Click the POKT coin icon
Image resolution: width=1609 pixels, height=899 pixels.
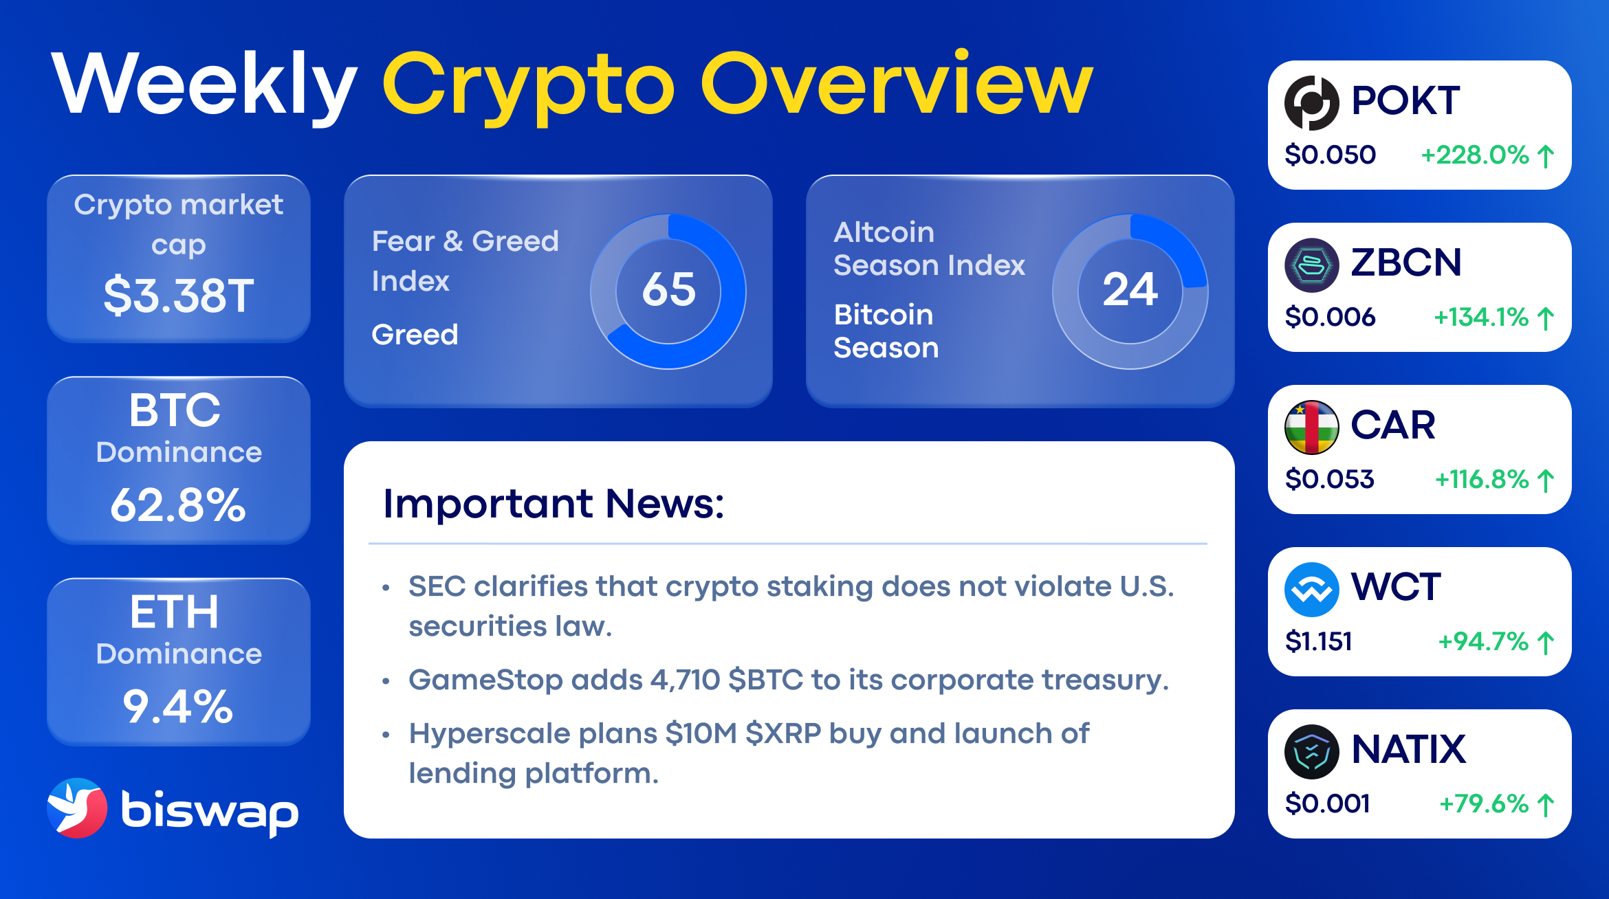coord(1311,103)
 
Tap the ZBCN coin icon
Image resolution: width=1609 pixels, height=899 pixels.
coord(1311,265)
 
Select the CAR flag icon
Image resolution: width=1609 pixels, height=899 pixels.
coord(1311,428)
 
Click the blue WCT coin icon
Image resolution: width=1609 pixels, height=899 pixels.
coord(1311,590)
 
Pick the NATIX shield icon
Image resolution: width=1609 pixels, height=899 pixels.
coord(1311,752)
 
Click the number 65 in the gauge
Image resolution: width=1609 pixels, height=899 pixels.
coord(668,289)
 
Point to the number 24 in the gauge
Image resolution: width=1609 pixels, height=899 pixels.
coord(1130,289)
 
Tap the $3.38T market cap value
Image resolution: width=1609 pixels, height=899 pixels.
coord(179,296)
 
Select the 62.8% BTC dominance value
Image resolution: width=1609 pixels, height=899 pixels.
coord(178,505)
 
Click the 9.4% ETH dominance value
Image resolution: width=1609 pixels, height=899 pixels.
coord(178,707)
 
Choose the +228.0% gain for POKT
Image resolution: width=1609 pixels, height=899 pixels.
coord(1475,155)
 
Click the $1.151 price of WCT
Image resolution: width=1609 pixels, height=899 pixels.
coord(1319,641)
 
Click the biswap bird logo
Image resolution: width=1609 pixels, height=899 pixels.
coord(77,808)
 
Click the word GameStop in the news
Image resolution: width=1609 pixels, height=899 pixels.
coord(485,680)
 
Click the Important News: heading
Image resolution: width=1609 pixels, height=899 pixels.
coord(554,504)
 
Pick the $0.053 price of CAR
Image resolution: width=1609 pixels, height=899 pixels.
coord(1329,479)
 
